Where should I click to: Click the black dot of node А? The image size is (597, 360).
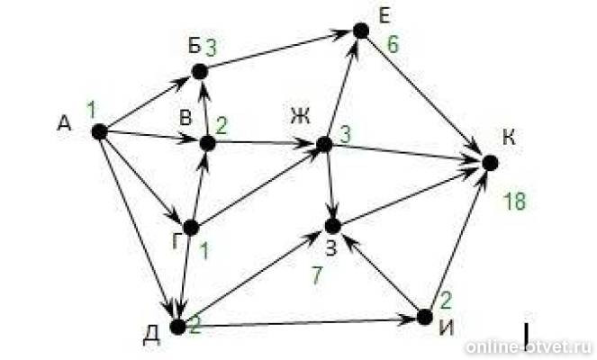click(x=100, y=131)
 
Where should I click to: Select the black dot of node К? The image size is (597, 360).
click(x=490, y=163)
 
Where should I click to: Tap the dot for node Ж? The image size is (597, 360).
click(x=324, y=144)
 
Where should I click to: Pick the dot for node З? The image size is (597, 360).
click(x=333, y=226)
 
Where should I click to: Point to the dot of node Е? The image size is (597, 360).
click(x=361, y=31)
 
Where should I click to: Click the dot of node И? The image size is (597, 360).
click(x=425, y=317)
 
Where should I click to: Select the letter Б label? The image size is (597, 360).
click(x=194, y=47)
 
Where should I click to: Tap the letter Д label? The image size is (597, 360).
click(x=151, y=336)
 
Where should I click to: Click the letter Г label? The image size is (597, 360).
click(x=176, y=240)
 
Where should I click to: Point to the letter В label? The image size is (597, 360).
click(x=185, y=118)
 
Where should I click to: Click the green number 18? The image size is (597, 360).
click(x=514, y=201)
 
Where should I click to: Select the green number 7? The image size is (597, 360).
click(x=317, y=275)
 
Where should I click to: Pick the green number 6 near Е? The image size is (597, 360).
click(x=393, y=44)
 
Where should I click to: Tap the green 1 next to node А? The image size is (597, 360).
click(x=91, y=110)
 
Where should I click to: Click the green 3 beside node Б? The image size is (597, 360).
click(x=211, y=48)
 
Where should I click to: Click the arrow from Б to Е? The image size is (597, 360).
click(x=279, y=50)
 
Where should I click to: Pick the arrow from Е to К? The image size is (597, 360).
click(x=425, y=96)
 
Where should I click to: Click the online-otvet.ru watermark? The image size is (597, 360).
click(x=529, y=346)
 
